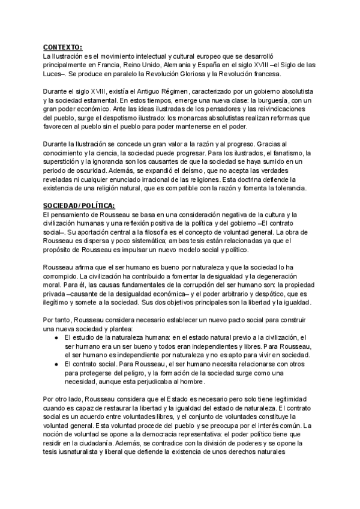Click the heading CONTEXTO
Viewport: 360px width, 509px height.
tap(63, 47)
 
